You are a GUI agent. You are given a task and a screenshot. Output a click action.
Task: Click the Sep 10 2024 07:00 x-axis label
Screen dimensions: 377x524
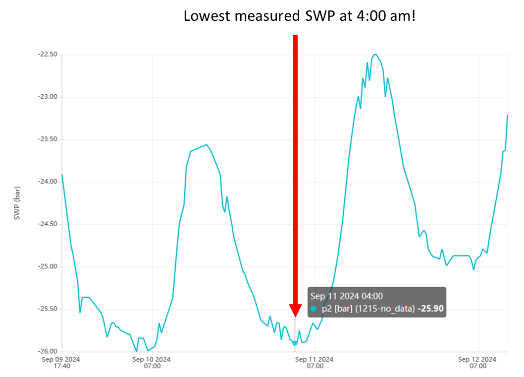[x=153, y=363]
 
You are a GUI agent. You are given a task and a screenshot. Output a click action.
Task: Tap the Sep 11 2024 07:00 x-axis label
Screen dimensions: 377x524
[x=315, y=363]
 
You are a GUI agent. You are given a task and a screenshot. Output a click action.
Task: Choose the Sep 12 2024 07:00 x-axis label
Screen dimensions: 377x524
[x=478, y=363]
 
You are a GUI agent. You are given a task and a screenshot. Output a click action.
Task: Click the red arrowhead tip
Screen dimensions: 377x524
[x=295, y=316]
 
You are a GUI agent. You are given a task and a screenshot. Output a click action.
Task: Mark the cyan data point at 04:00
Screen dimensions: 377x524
[x=295, y=343]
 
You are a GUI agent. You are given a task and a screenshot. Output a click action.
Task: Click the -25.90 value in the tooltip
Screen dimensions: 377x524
[x=431, y=309]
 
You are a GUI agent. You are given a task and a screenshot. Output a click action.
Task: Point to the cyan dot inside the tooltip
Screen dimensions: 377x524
[x=314, y=309]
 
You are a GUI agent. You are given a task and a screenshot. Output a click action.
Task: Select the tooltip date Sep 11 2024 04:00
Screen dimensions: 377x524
[x=347, y=296]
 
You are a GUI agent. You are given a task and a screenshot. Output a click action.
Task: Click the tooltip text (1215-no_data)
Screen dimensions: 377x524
[x=384, y=309]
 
